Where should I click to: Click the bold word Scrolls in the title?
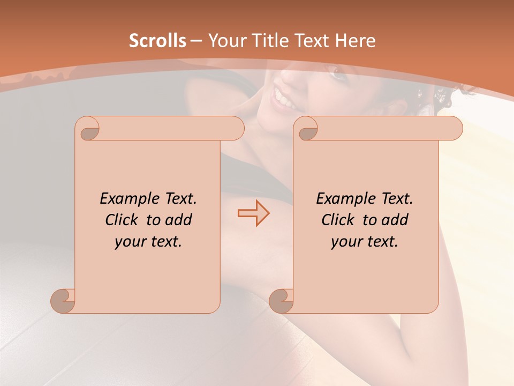coord(157,41)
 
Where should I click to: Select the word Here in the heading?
coord(354,41)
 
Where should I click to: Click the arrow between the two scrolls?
coord(253,213)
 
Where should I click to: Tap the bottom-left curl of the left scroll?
coord(63,300)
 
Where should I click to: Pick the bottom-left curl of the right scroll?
coord(281,300)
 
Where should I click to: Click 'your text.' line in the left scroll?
coord(148,241)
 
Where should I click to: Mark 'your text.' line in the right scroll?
coord(365,241)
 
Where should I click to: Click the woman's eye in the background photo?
coord(338,74)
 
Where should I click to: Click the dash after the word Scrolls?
coord(196,41)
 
